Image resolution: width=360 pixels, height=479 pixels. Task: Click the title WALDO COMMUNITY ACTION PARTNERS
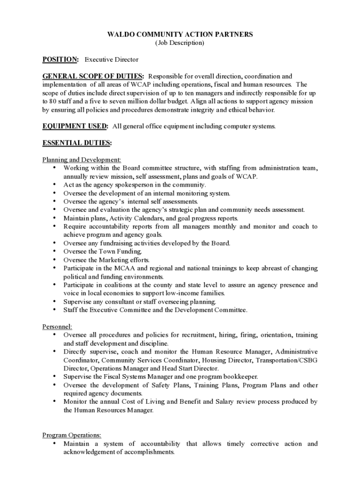pyautogui.click(x=180, y=34)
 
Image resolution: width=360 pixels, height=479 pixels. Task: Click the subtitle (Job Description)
pyautogui.click(x=180, y=43)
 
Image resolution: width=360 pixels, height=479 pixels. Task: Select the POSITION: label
pyautogui.click(x=61, y=59)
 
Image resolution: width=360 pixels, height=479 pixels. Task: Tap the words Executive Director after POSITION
pyautogui.click(x=111, y=59)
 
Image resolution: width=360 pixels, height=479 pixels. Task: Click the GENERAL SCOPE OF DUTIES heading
pyautogui.click(x=93, y=76)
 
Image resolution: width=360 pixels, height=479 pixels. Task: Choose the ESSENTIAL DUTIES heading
pyautogui.click(x=77, y=143)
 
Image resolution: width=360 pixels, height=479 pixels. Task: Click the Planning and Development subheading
pyautogui.click(x=82, y=160)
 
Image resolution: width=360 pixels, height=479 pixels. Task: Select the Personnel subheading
pyautogui.click(x=58, y=327)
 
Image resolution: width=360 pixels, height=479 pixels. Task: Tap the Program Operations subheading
pyautogui.click(x=72, y=435)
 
